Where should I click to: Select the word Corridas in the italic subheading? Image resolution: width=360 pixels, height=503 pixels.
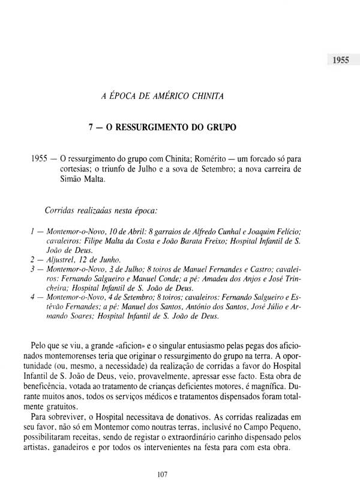point(62,210)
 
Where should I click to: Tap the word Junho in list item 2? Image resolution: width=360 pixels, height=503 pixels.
point(110,260)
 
